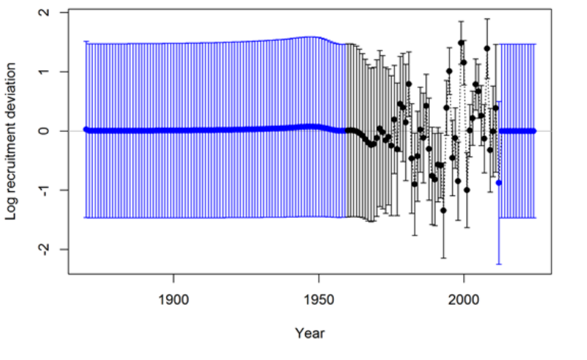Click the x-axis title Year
click(309, 333)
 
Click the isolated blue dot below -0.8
click(499, 182)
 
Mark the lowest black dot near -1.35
click(443, 210)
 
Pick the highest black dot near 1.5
click(461, 42)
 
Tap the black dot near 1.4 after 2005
click(487, 48)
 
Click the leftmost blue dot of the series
click(86, 129)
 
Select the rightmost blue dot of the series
click(533, 131)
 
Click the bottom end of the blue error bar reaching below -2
click(499, 263)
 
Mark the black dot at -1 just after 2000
click(467, 190)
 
